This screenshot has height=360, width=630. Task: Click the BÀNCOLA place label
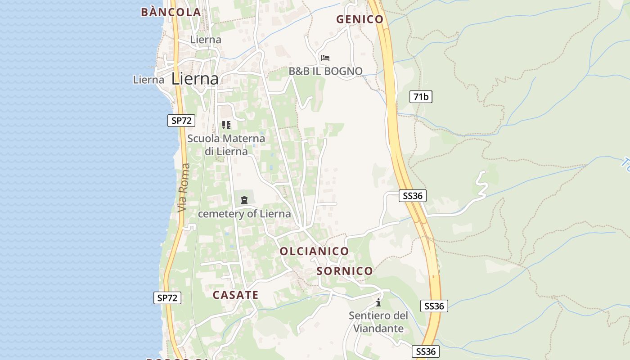[171, 12]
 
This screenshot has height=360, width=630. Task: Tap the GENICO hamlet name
[360, 19]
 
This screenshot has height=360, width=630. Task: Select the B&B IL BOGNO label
[325, 71]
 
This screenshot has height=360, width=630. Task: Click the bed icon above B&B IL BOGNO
[325, 58]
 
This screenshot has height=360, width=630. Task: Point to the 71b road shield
[421, 96]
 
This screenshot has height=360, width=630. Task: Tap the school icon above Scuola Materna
[226, 125]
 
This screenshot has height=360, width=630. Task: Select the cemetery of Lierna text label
[244, 214]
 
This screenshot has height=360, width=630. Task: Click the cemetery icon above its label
[244, 200]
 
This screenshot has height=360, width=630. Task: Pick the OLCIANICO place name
[314, 251]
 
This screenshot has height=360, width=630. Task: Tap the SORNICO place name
[345, 271]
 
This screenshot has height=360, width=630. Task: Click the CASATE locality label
[235, 295]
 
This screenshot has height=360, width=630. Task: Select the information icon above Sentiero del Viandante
[378, 302]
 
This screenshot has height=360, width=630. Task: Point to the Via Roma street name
[183, 188]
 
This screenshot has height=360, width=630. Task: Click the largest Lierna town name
[195, 79]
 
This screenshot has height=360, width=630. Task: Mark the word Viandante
[378, 328]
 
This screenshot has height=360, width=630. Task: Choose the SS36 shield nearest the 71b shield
[412, 196]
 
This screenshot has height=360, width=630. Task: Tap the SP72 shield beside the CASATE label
[167, 297]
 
